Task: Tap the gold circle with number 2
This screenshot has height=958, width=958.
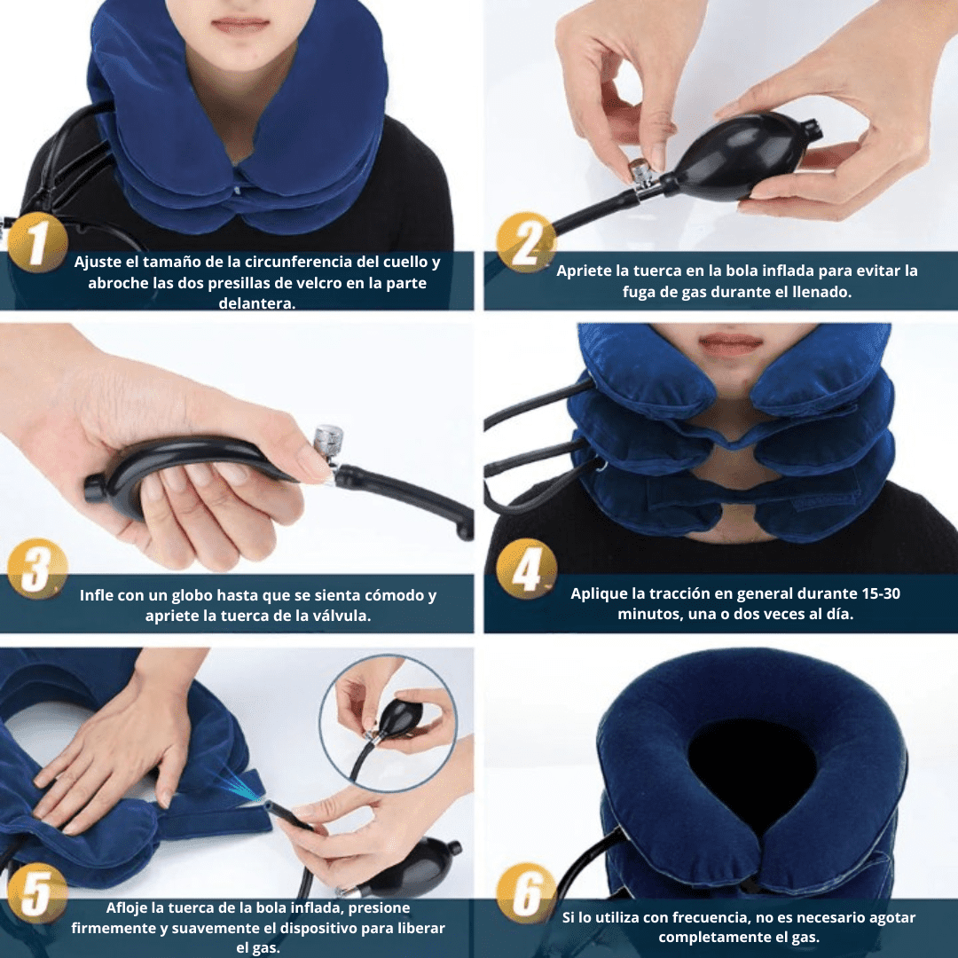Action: click(x=526, y=241)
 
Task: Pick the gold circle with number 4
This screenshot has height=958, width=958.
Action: click(x=526, y=569)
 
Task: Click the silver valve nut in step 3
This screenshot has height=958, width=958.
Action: click(x=327, y=441)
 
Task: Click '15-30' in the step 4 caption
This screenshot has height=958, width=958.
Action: click(x=881, y=593)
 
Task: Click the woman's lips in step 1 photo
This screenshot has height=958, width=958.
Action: click(x=239, y=24)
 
